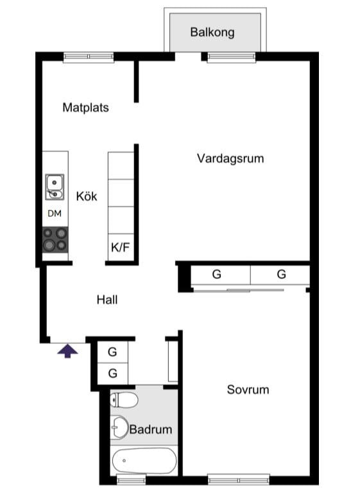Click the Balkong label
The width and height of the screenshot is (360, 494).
pos(212,32)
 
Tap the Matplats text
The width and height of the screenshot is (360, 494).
pos(85,107)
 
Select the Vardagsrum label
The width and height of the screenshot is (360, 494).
pos(230,158)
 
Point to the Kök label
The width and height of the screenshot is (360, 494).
pos(87,196)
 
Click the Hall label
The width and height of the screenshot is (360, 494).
pos(107,299)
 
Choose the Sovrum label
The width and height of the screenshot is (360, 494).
pos(248,389)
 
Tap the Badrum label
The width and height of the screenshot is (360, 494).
pos(151,429)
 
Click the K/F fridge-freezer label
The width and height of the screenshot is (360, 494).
pos(121,247)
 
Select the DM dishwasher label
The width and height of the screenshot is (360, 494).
pos(55,214)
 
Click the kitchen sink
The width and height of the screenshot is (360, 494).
pos(55,187)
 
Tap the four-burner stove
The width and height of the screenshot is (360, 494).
pos(55,239)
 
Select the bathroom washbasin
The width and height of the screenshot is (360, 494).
pos(120,427)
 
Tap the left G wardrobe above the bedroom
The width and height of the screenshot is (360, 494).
pos(217,275)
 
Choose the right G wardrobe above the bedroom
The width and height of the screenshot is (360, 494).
pos(281,275)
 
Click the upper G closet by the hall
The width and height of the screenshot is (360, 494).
pos(112,352)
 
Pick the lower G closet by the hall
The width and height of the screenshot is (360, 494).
pos(112,373)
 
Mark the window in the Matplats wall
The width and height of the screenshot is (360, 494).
pos(89,56)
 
